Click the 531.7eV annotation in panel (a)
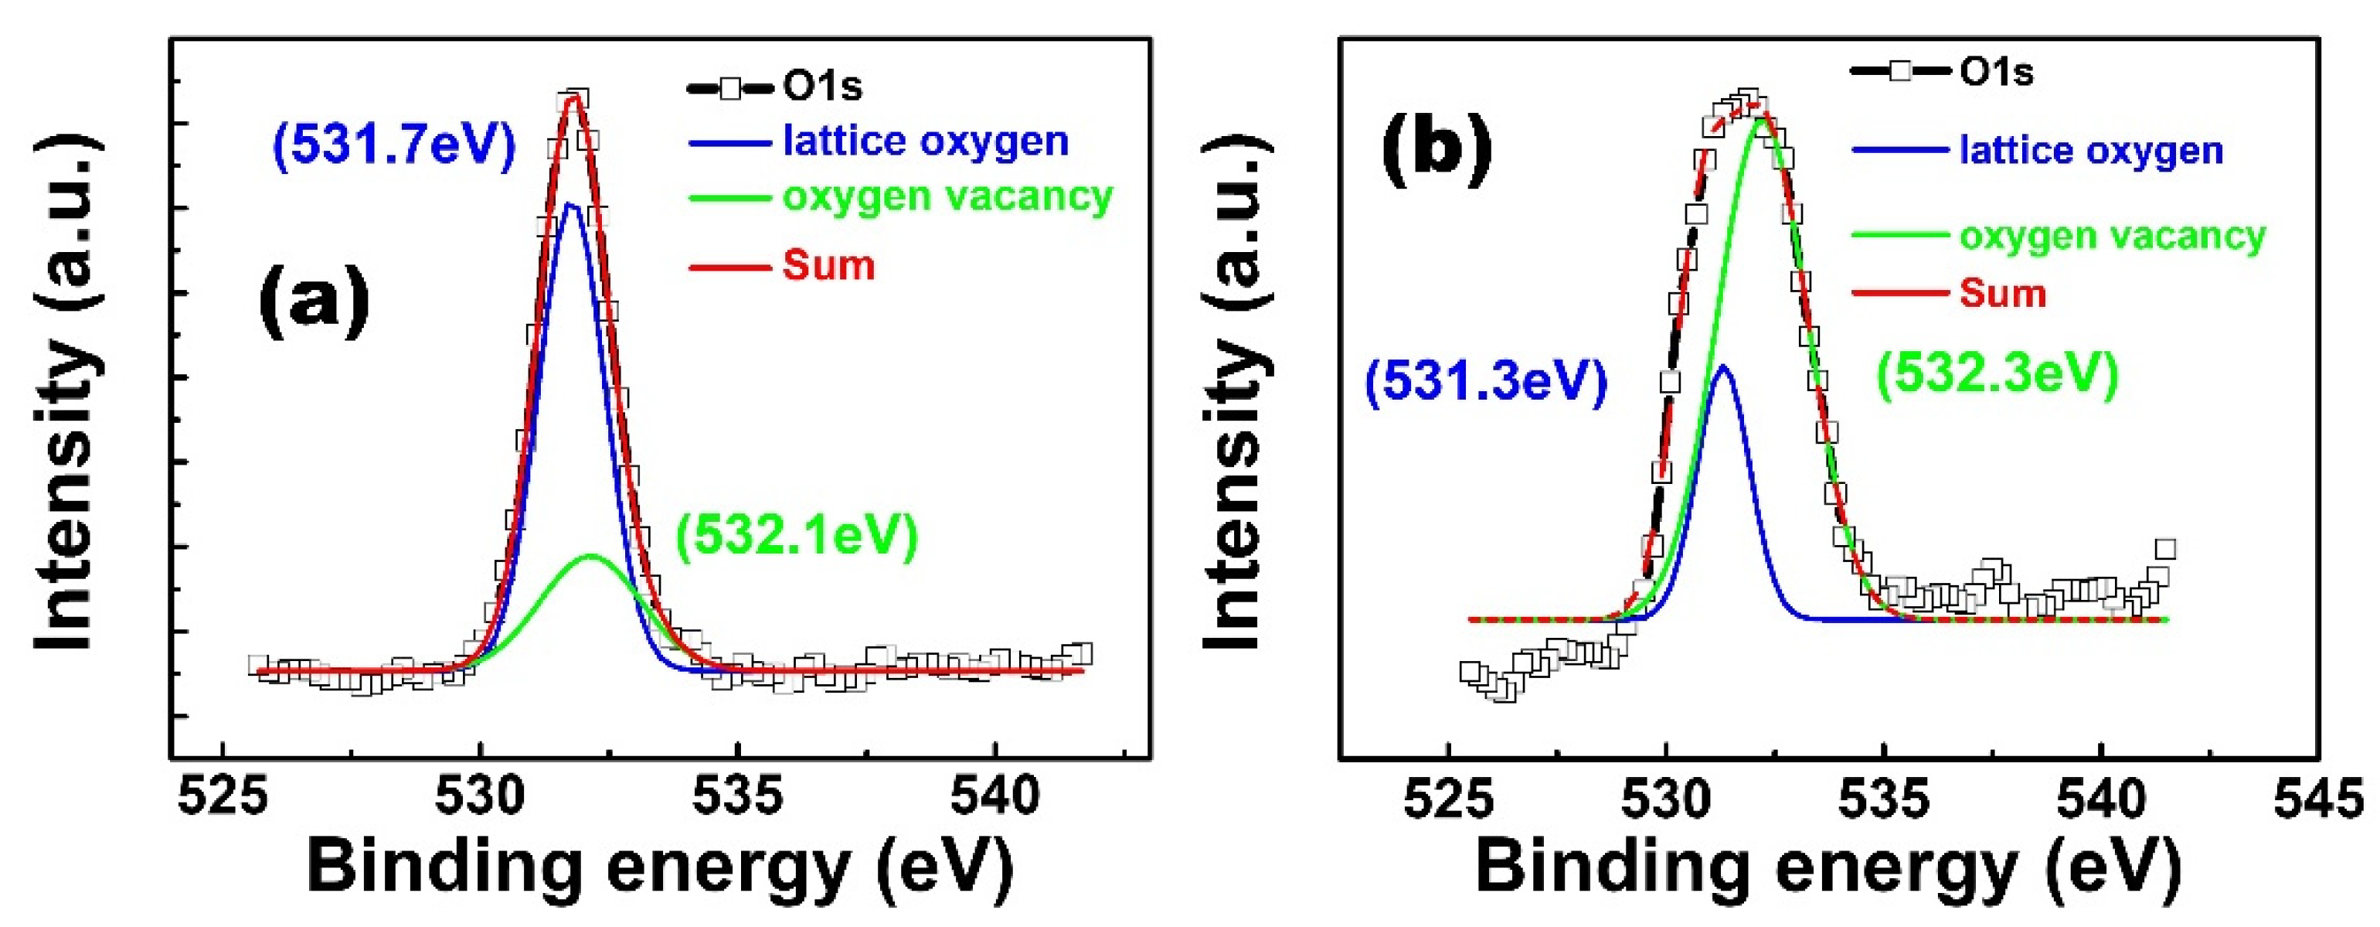[393, 146]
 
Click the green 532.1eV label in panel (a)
[797, 536]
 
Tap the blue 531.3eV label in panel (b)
[1486, 381]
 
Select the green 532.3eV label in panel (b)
[1997, 374]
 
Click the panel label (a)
[314, 298]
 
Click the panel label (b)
[1436, 148]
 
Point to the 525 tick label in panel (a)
[223, 796]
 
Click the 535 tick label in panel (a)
[737, 796]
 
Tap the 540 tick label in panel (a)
[995, 796]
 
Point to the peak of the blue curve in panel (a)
[570, 204]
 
